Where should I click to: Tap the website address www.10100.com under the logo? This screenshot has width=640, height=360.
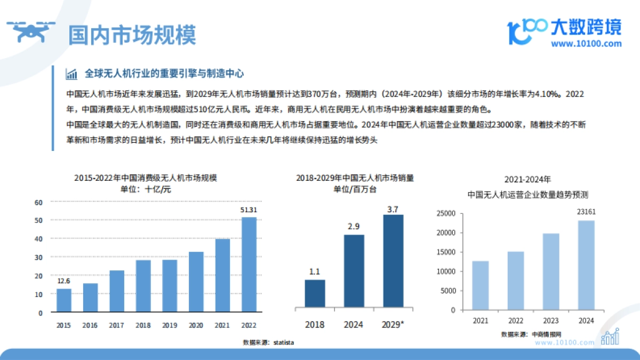586,44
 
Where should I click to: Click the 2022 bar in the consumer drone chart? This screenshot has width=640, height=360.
249,265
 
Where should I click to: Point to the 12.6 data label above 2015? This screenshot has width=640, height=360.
64,281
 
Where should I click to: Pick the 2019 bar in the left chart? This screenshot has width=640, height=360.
170,286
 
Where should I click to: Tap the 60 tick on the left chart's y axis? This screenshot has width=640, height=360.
38,202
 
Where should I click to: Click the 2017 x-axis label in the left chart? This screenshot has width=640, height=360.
117,325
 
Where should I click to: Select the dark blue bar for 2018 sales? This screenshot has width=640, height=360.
315,293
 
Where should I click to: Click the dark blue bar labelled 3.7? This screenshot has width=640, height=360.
393,261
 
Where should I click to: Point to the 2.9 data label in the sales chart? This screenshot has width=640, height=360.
353,227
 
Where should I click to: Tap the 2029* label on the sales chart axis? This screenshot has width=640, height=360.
393,324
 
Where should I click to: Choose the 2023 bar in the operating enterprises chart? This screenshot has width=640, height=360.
551,271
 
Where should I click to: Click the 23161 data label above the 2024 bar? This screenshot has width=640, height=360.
586,212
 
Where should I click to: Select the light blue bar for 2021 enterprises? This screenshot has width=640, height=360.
480,285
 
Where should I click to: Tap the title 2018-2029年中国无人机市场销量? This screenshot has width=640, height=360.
355,178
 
